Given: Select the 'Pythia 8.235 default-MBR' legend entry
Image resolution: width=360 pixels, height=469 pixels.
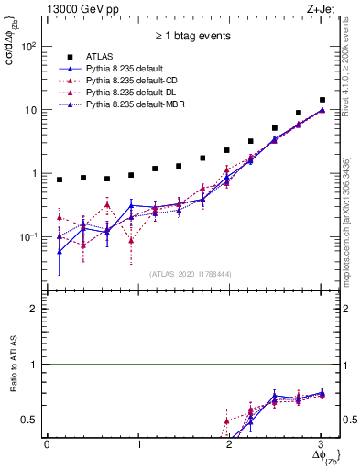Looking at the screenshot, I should [138, 106].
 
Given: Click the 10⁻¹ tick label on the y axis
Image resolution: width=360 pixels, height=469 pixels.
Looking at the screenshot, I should [29, 237].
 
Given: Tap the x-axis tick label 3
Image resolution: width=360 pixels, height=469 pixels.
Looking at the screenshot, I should [321, 443].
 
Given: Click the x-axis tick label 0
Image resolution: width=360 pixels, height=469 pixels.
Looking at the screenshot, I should [47, 443].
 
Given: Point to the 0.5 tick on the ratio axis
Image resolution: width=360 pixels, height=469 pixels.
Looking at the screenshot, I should [30, 420].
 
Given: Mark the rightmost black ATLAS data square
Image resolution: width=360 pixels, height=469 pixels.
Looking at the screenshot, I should [322, 100].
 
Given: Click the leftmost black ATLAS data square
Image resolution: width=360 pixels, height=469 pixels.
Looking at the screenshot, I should [60, 180].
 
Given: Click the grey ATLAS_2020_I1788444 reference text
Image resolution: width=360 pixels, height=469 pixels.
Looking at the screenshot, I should [191, 272].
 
